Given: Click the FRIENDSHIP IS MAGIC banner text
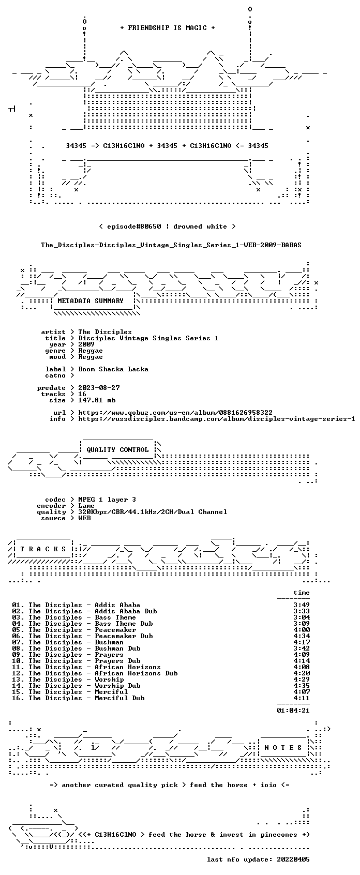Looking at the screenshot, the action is [x=167, y=28].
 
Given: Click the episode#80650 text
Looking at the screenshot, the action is [x=134, y=227].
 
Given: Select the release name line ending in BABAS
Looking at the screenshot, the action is [x=171, y=245].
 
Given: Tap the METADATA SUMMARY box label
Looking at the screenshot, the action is [x=91, y=301].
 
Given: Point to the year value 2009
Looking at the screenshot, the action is [x=86, y=344].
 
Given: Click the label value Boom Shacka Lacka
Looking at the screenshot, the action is [x=113, y=369].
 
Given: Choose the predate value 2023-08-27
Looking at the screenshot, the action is [x=99, y=388].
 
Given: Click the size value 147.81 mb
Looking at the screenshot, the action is [x=97, y=400].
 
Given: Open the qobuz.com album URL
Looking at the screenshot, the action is [x=175, y=413].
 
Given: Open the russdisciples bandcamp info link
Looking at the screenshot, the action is [x=217, y=419].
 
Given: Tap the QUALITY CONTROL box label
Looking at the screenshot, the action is [x=117, y=450].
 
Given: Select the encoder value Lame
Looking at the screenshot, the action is [x=86, y=506].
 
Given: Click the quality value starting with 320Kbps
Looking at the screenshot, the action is [x=153, y=512].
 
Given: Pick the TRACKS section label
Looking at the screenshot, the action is [x=43, y=549].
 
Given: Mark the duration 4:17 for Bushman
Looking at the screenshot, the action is [x=302, y=642].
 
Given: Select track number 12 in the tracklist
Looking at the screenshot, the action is [x=18, y=673].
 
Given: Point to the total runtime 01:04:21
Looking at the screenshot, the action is [x=293, y=711].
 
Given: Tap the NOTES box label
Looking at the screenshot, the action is [x=283, y=748].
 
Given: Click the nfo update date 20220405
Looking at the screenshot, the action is [x=293, y=859].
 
